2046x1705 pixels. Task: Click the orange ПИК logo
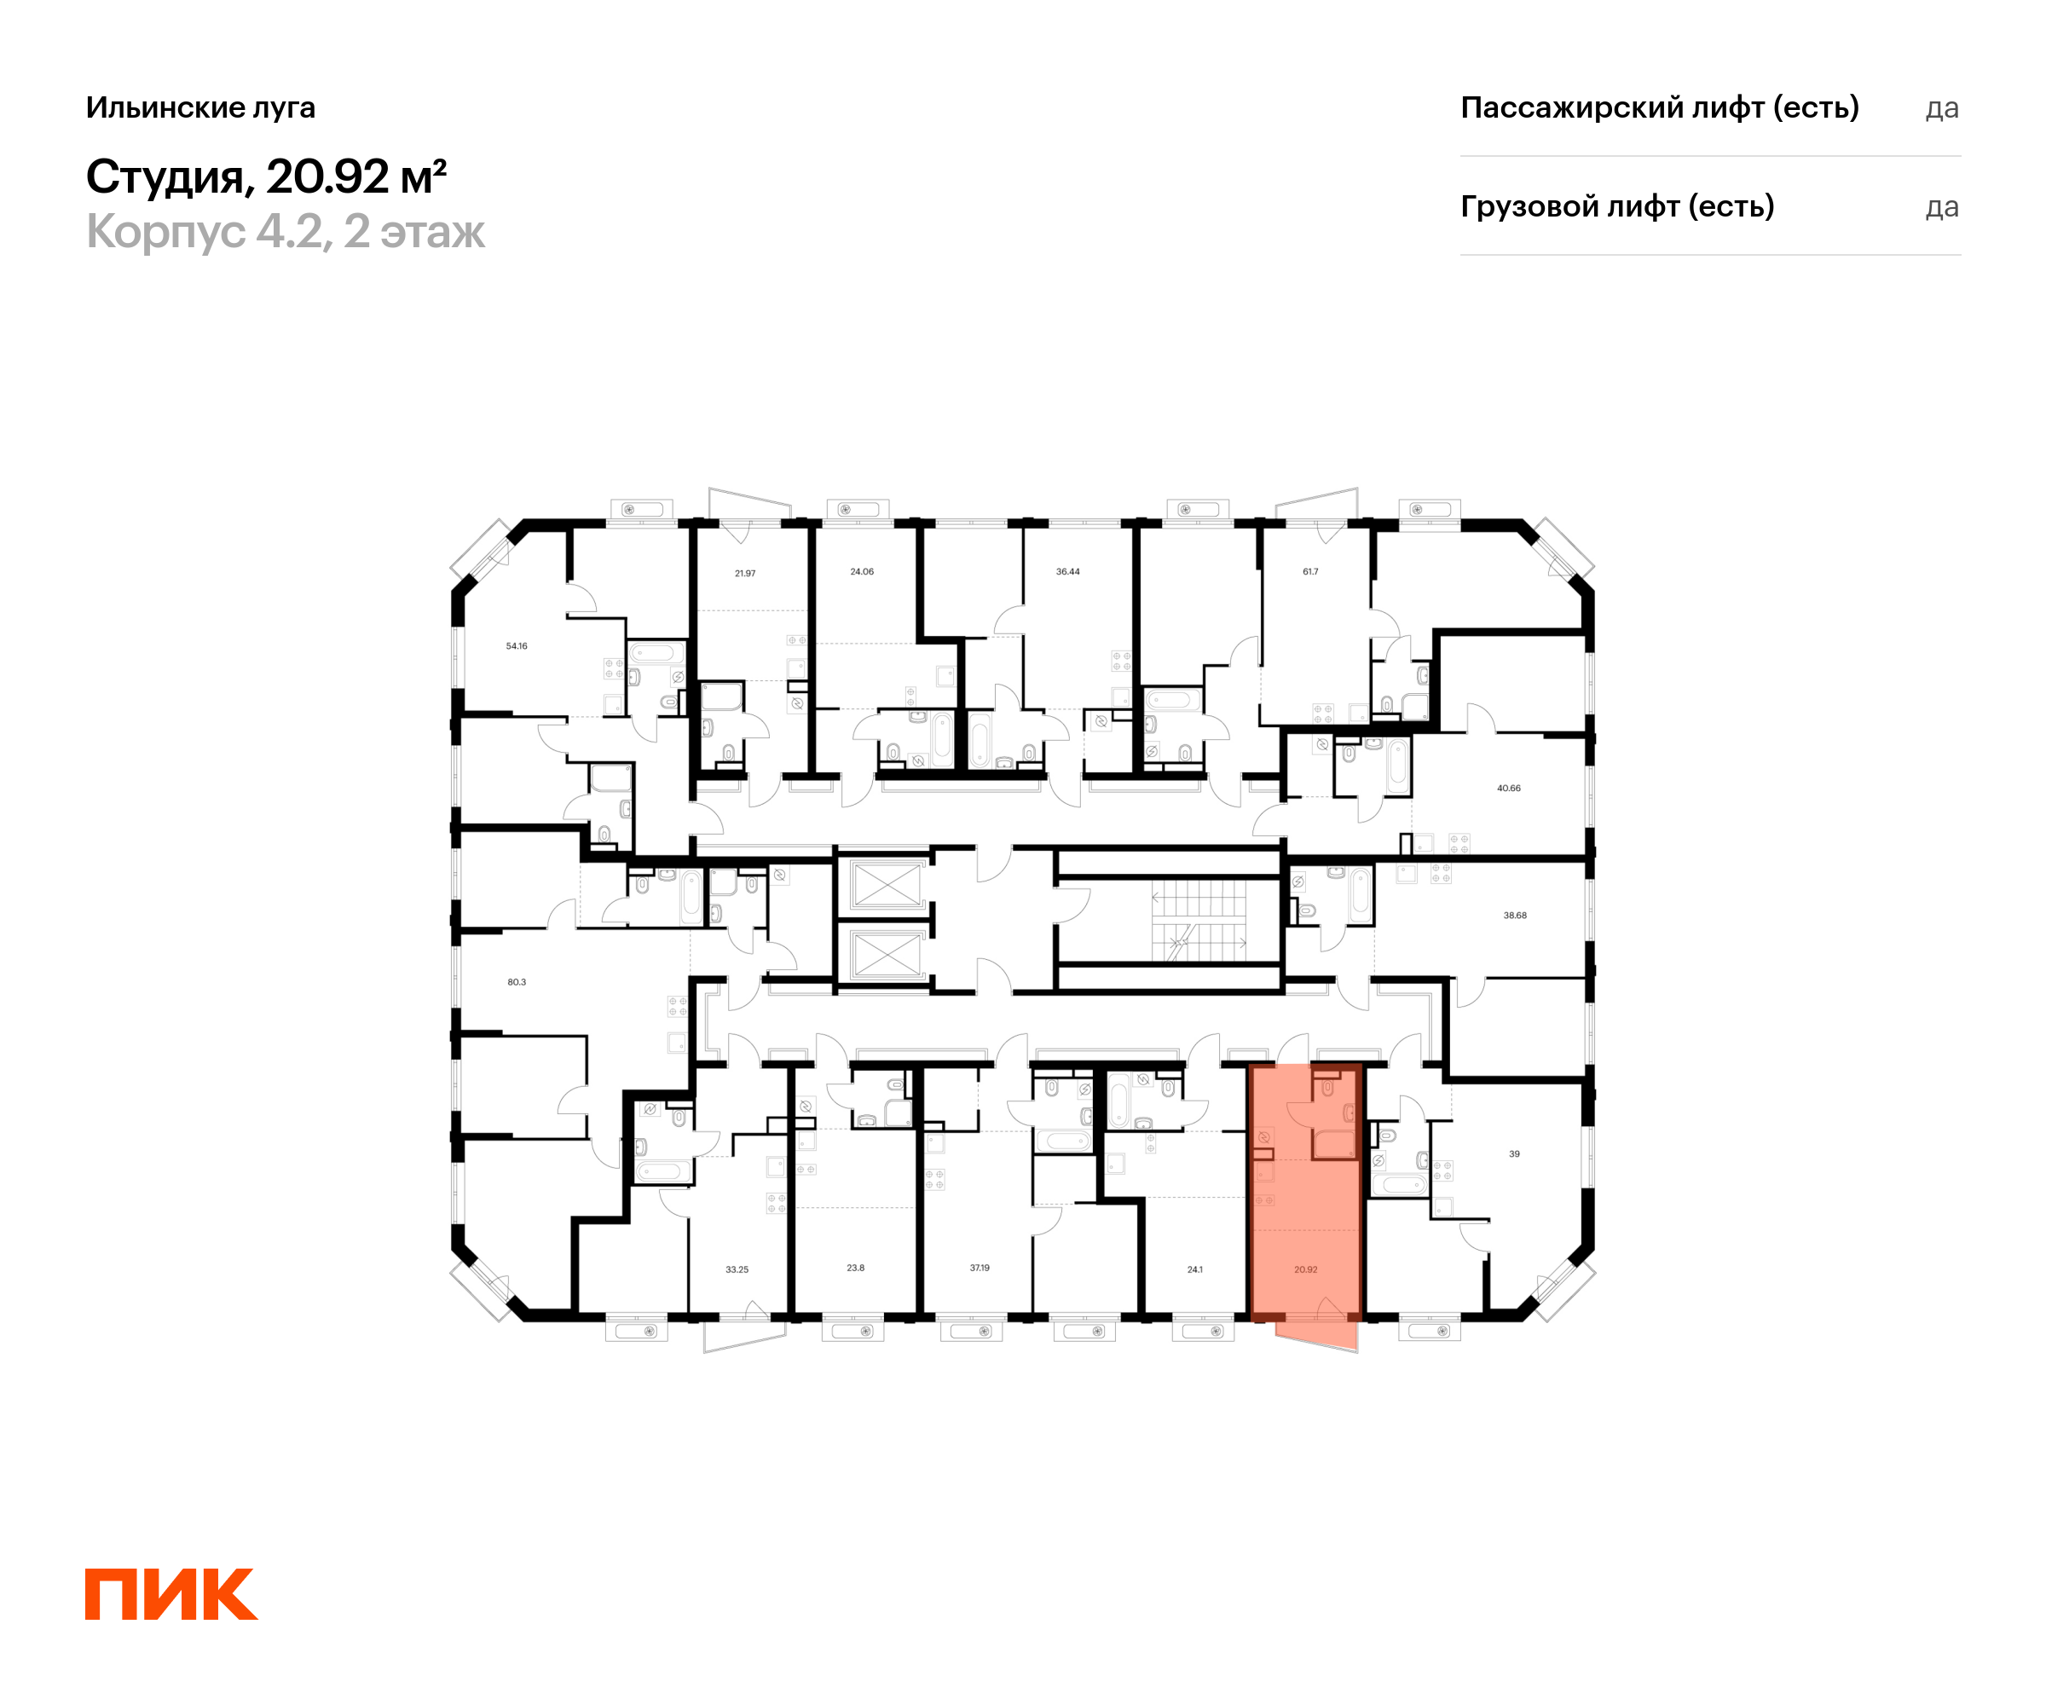171,1595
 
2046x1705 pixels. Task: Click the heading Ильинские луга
200,107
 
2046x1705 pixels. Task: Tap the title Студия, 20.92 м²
266,176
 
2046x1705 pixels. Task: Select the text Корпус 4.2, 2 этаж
286,232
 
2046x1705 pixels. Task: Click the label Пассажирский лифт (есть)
1659,107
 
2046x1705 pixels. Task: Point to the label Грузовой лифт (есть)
1617,206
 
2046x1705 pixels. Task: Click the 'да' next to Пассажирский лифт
1942,108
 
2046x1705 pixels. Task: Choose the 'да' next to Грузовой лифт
1942,207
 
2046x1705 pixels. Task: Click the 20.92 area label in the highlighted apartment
1305,1269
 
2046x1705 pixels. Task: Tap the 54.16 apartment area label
517,646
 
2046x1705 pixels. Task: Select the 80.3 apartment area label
517,982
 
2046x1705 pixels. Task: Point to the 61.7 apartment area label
1310,572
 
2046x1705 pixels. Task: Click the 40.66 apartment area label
1508,789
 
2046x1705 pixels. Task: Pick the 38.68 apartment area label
1515,916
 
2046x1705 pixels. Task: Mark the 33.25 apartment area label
737,1269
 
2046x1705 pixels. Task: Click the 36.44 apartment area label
1068,572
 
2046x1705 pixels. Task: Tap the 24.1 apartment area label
1194,1269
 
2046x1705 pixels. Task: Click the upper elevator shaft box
886,884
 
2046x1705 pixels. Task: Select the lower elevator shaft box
886,954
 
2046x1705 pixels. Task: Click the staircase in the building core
1199,921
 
